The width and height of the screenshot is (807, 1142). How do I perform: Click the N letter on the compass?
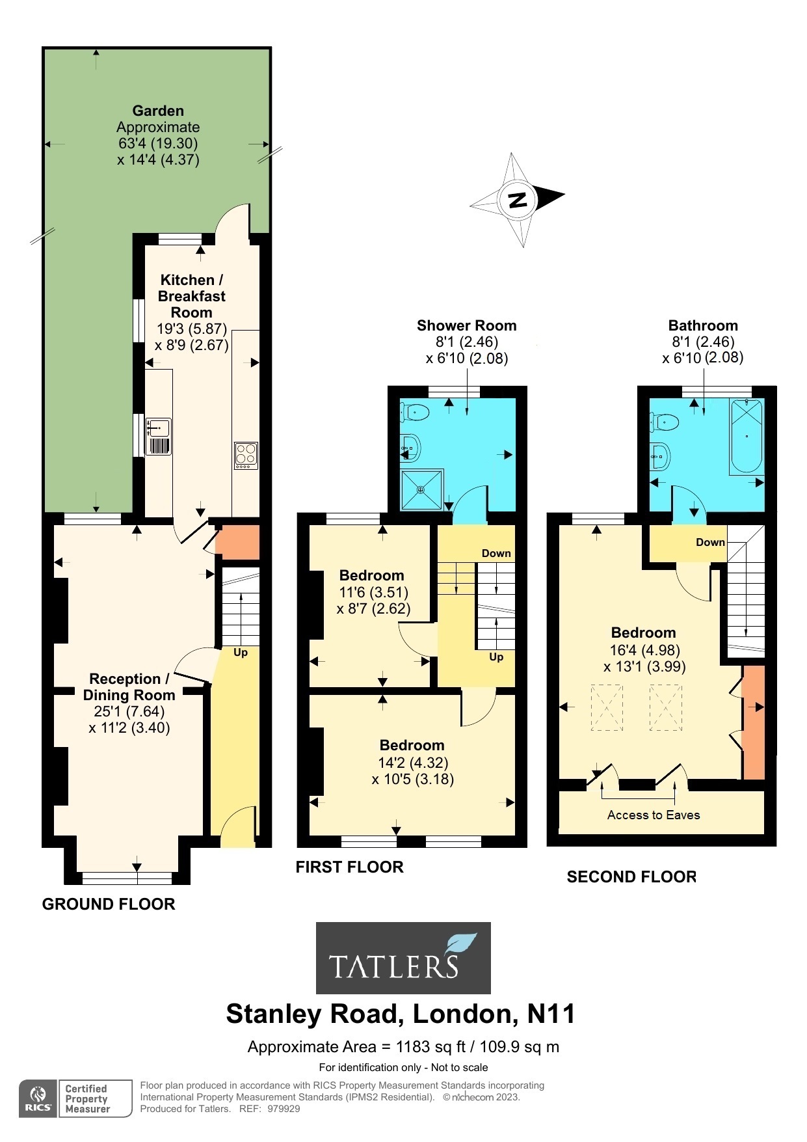(x=518, y=200)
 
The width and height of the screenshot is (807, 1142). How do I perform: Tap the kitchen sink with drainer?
(x=159, y=437)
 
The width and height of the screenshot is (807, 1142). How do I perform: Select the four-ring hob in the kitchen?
(x=246, y=455)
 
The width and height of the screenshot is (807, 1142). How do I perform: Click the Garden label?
(x=158, y=111)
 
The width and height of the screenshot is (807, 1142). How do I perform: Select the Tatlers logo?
(x=403, y=957)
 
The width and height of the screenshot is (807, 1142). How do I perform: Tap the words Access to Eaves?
(x=653, y=815)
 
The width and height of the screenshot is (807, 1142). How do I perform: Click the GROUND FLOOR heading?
(x=109, y=904)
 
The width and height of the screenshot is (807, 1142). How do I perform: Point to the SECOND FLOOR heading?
(x=631, y=877)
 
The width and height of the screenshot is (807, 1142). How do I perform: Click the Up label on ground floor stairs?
(x=240, y=652)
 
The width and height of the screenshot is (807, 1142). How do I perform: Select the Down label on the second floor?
(x=710, y=542)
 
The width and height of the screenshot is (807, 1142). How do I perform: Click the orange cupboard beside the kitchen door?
(x=237, y=542)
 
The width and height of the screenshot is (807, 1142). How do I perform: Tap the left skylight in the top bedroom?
(x=606, y=708)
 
